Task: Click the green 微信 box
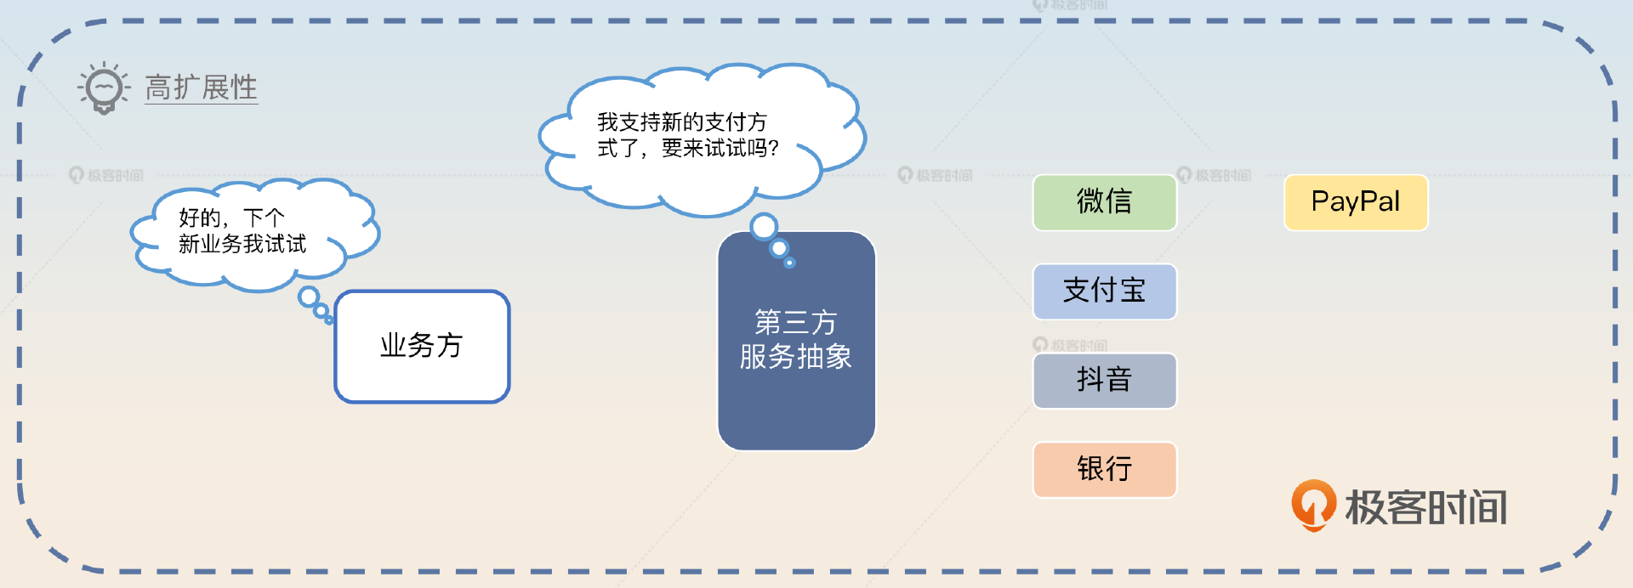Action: click(x=1104, y=202)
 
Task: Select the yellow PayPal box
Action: click(x=1356, y=202)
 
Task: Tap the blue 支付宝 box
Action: click(x=1104, y=291)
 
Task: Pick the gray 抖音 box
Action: click(x=1104, y=381)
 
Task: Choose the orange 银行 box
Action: click(x=1104, y=469)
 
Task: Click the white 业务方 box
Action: click(x=422, y=346)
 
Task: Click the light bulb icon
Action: click(x=105, y=88)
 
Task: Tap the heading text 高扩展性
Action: click(x=201, y=88)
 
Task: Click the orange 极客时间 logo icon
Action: click(x=1313, y=505)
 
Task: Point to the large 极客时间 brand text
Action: click(x=1425, y=507)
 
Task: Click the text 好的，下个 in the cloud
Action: click(x=231, y=218)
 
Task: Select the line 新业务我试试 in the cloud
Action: click(x=242, y=245)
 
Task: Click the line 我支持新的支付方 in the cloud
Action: click(x=681, y=122)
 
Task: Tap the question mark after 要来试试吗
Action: click(x=773, y=149)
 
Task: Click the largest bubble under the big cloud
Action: click(x=764, y=226)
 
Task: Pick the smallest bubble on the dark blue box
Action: click(x=789, y=263)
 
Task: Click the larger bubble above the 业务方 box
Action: click(x=309, y=297)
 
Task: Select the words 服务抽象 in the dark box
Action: click(x=796, y=357)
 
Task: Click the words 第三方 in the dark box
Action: click(x=796, y=323)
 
